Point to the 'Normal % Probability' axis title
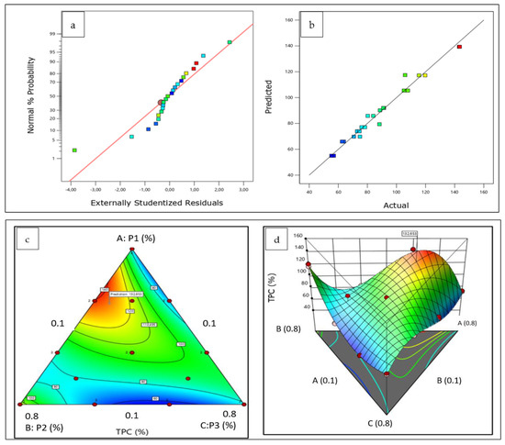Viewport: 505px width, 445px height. (31, 101)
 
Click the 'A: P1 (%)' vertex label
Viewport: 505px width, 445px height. (131, 236)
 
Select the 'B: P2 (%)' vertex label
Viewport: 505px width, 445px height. (39, 426)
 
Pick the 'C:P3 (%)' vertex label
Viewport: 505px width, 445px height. (217, 426)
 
